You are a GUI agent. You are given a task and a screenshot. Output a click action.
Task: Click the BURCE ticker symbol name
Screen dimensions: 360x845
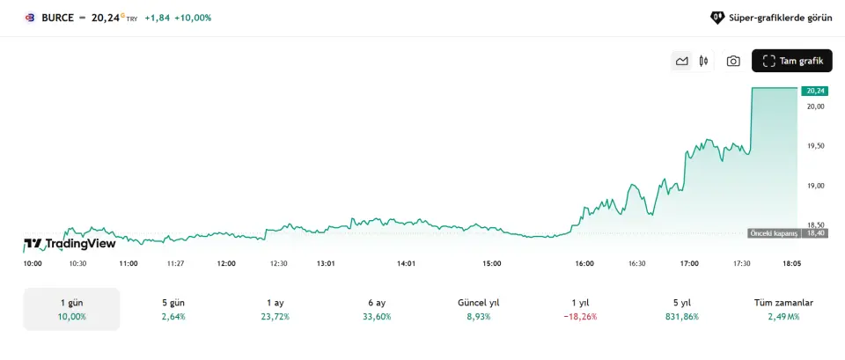(x=57, y=17)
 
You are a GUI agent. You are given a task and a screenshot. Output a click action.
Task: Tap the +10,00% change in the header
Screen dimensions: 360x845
(x=193, y=17)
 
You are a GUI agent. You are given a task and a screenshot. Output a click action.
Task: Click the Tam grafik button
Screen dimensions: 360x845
(x=791, y=61)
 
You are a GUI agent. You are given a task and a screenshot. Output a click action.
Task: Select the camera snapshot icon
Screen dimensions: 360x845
(x=732, y=61)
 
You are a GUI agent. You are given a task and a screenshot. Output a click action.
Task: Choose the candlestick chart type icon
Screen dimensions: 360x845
(x=703, y=61)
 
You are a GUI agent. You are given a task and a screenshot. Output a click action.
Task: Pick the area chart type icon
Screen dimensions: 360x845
(x=681, y=61)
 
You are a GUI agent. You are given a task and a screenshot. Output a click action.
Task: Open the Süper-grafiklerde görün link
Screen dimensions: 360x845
(x=770, y=17)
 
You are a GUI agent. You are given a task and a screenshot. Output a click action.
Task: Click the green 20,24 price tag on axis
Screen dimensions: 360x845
(x=815, y=91)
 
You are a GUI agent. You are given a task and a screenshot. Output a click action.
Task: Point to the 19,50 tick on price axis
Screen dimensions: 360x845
(x=815, y=146)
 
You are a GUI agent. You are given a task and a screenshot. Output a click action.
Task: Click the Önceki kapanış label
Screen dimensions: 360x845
(x=773, y=233)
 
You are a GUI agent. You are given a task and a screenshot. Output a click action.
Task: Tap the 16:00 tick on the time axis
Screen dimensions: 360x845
(x=584, y=263)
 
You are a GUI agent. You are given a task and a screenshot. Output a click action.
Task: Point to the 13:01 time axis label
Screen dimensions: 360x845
(x=327, y=263)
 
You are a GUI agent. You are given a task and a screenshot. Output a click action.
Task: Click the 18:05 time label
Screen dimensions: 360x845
(x=791, y=263)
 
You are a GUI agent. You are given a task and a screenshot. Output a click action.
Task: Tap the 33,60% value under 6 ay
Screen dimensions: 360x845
(x=377, y=316)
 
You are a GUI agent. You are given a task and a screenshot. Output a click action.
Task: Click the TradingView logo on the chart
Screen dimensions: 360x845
(x=69, y=244)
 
